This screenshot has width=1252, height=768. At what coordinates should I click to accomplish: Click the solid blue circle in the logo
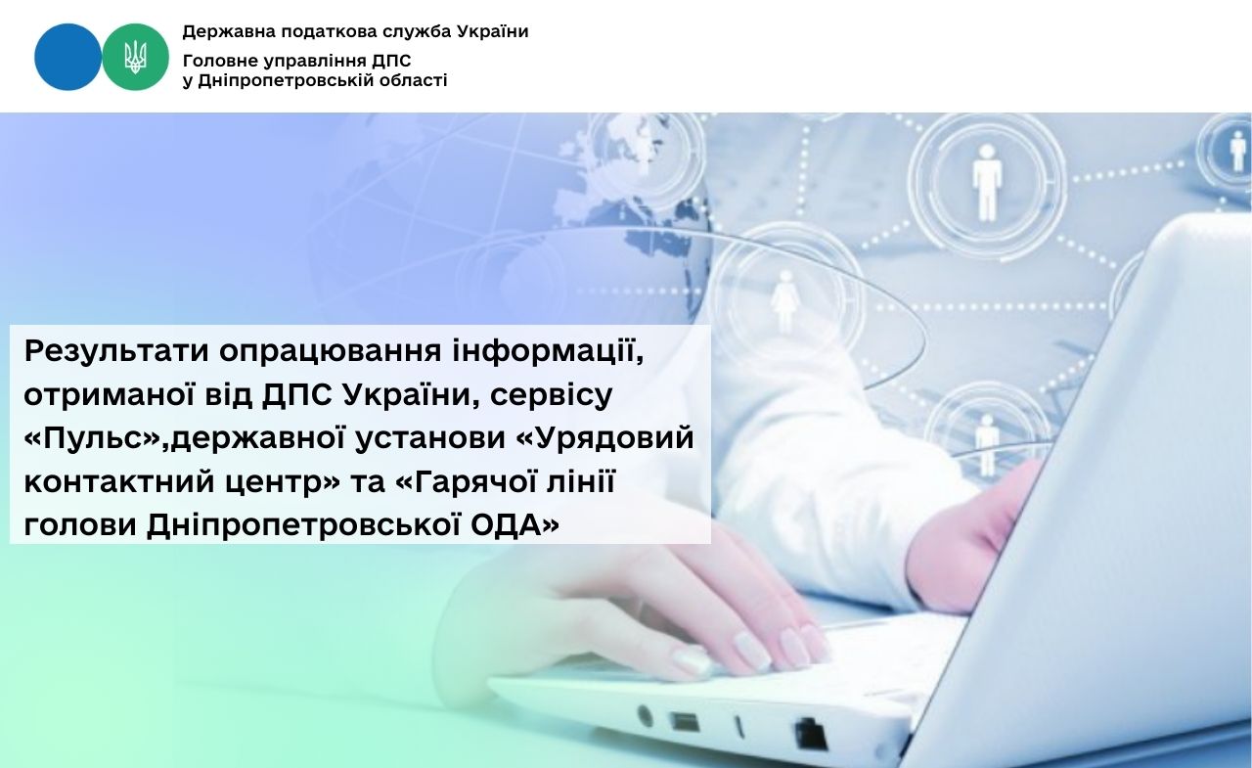67,57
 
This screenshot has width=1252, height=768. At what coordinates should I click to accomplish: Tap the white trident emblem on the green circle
135,57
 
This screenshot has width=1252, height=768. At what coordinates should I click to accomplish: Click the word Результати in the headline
116,351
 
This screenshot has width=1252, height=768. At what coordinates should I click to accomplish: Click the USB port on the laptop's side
684,722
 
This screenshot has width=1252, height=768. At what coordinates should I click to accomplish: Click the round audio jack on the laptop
645,715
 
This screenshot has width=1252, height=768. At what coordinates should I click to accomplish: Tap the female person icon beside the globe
784,300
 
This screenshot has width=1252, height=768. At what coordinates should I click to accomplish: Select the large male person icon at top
986,182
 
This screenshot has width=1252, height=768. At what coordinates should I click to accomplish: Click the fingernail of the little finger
692,659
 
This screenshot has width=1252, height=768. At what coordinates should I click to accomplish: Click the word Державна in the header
229,32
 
